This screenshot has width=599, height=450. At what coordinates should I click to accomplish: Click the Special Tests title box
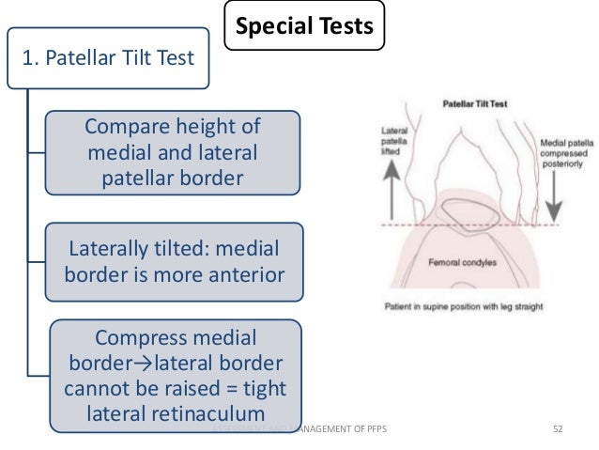[305, 27]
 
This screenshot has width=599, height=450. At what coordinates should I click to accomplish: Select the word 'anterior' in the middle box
[241, 276]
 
